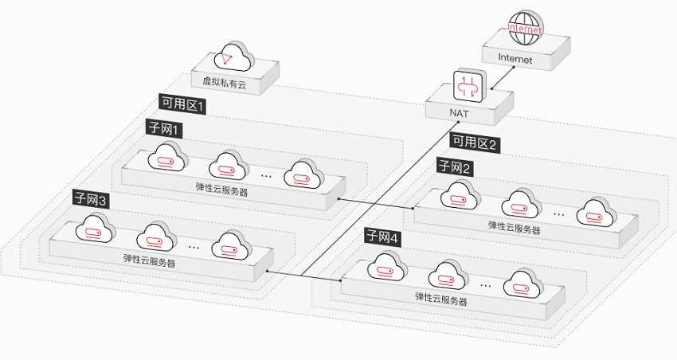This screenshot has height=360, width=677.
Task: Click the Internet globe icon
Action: [x=525, y=29]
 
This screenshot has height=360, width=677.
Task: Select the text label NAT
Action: [x=459, y=113]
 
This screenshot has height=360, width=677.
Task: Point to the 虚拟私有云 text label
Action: [x=225, y=82]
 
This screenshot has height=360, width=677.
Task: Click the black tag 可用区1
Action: [x=182, y=104]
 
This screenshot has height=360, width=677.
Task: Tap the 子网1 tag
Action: [x=163, y=129]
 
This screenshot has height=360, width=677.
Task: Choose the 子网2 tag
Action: [x=455, y=167]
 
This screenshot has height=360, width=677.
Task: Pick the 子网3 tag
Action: [x=91, y=200]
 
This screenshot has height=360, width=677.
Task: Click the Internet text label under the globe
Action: [x=515, y=58]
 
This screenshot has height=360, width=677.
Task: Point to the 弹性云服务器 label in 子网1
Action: [x=222, y=189]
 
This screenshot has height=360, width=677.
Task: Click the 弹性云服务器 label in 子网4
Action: [x=441, y=299]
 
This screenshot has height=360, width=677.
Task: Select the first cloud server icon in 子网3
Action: [x=96, y=228]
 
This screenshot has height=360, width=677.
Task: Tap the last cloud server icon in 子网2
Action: [x=597, y=212]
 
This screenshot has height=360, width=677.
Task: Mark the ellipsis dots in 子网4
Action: [x=486, y=286]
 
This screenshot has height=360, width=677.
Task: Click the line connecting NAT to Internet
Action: [x=503, y=78]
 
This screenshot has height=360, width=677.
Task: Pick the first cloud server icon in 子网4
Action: [x=387, y=266]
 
